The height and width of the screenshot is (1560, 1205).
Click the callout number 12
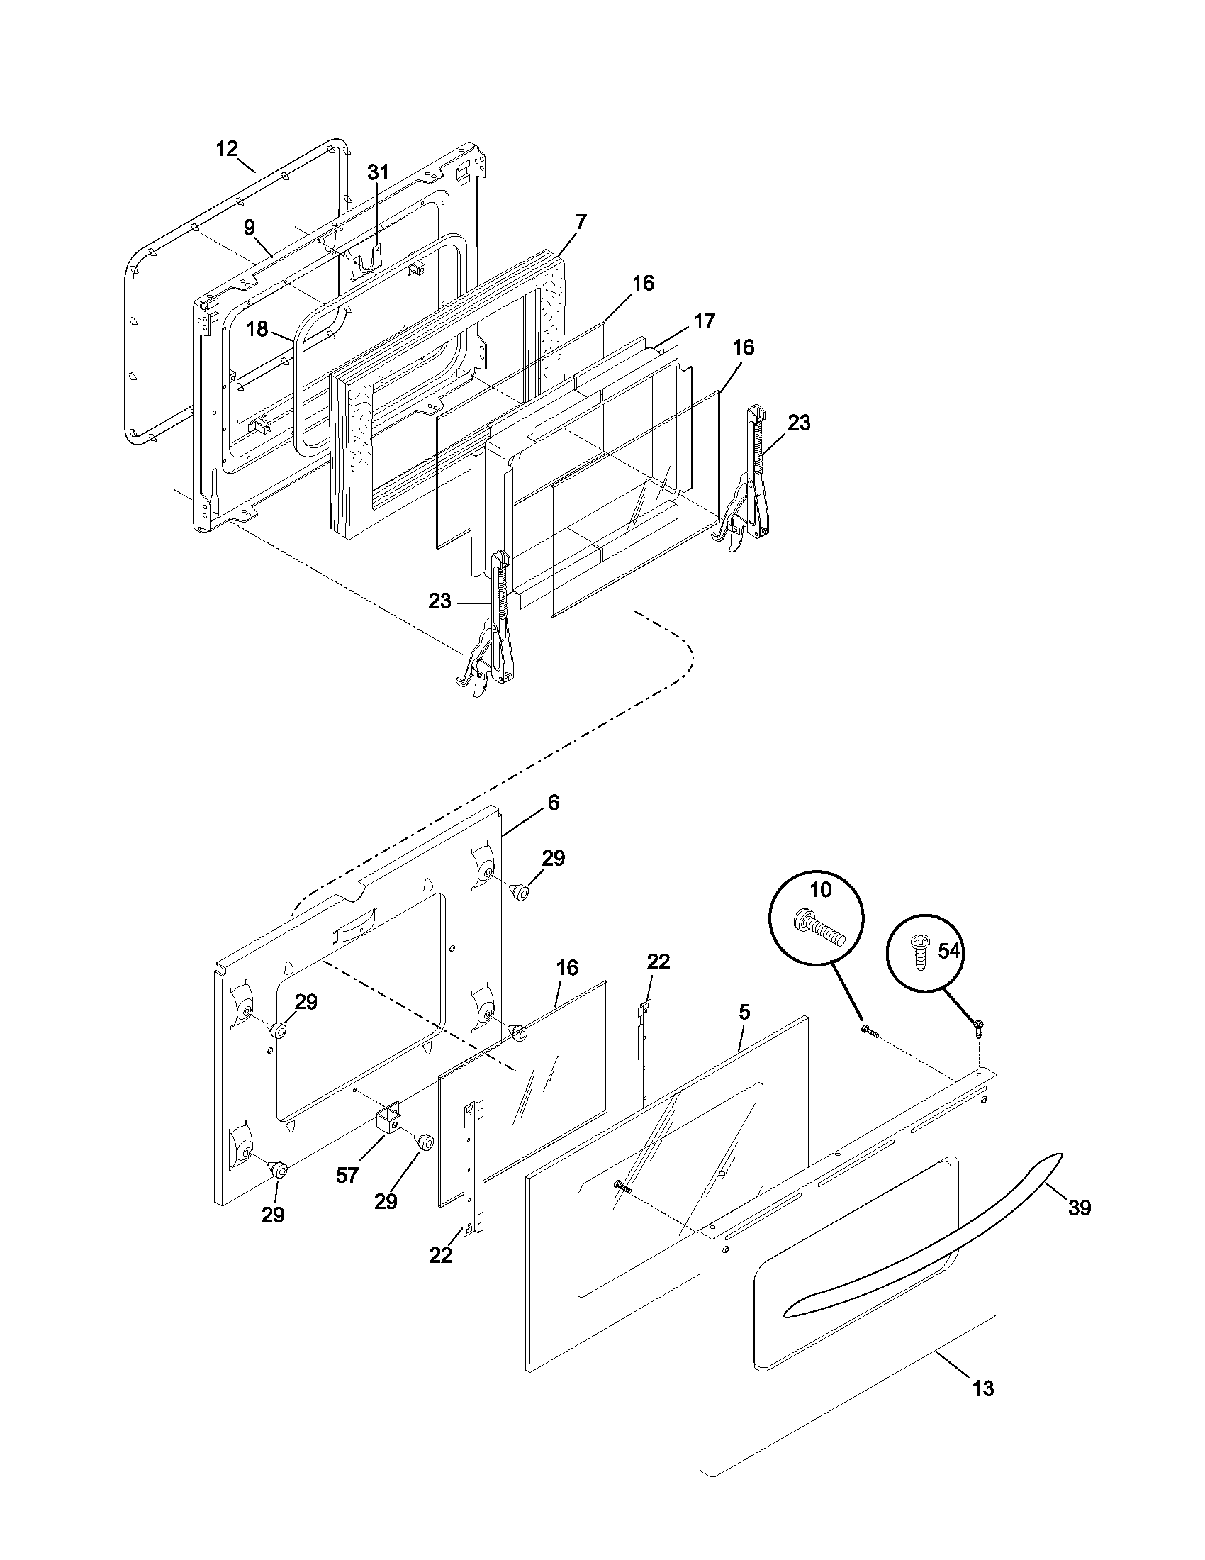click(x=226, y=149)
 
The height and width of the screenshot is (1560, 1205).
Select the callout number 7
click(x=581, y=221)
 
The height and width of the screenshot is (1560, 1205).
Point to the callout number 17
click(x=704, y=321)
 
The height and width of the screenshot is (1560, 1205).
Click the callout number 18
click(x=257, y=328)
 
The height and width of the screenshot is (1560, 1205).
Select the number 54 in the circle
click(x=948, y=952)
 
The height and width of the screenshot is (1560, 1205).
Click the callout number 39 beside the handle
click(x=1080, y=1208)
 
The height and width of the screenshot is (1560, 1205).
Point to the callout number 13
click(x=983, y=1409)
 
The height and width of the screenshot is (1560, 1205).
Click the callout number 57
click(x=347, y=1175)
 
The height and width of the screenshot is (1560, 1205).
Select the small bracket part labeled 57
click(x=388, y=1124)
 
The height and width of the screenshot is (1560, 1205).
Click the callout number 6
click(x=554, y=803)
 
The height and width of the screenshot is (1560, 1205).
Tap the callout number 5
click(x=744, y=1011)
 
